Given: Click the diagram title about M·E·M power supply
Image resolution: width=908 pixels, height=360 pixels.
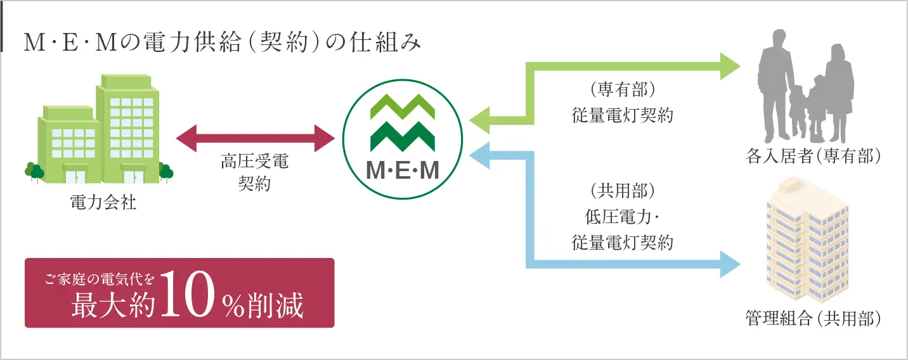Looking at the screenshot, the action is pos(222,42).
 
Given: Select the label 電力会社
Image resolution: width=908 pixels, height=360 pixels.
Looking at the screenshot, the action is pos(103,202).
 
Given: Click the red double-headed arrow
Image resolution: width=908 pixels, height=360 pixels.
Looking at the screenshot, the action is pos(256,138).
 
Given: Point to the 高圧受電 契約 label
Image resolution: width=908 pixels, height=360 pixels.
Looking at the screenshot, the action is pos(254,172).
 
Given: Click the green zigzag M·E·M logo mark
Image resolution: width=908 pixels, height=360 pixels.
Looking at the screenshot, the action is pos(403,123).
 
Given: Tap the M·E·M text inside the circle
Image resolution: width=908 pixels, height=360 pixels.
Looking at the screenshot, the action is pos(403,170).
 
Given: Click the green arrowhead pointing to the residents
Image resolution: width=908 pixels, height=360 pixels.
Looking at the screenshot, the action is pos(730,67).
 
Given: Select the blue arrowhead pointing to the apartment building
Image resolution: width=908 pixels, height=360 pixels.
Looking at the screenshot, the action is pos(730,264).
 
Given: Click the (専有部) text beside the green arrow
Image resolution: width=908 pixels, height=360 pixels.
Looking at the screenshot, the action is pos(623,89).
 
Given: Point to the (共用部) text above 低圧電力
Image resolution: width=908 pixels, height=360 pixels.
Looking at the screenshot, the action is pos(623,191).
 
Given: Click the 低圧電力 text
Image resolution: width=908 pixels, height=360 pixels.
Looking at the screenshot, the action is pos(618,217).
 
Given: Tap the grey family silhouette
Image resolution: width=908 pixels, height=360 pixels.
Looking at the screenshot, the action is pos(807,86).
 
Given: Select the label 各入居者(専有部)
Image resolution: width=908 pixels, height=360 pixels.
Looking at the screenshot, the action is pos(813,156).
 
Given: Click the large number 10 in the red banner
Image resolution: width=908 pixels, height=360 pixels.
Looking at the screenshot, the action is pos(187,293).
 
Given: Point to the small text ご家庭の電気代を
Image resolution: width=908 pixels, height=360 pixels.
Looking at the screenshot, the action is pos(100,279).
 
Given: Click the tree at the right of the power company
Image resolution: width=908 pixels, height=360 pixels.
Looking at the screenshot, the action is pos(165,172).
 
